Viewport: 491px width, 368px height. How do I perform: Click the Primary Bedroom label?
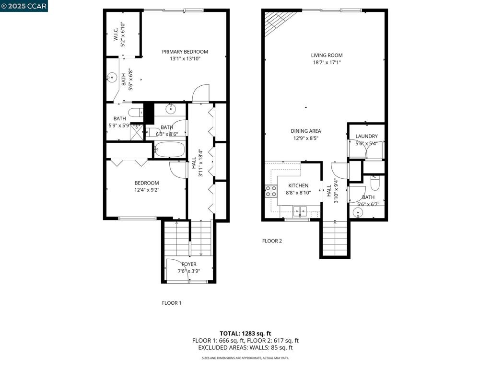(x=185, y=52)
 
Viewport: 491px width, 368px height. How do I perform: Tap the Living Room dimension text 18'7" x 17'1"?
(x=327, y=62)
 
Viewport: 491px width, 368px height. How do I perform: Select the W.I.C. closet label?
(x=116, y=34)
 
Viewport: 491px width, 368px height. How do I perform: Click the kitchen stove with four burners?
(x=271, y=191)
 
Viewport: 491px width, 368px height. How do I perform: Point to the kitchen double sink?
(x=300, y=212)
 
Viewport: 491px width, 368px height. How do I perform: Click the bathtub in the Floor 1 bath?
(x=169, y=149)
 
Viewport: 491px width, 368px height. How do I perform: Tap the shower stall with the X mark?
(x=137, y=132)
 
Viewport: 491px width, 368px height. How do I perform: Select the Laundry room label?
(x=366, y=136)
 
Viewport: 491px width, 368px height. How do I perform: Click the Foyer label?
(x=189, y=264)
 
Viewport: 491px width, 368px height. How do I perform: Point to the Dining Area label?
(x=305, y=131)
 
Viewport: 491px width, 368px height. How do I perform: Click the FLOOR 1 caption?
(x=171, y=303)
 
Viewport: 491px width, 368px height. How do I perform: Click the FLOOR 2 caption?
(x=272, y=241)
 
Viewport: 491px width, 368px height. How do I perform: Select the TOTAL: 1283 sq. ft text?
(x=245, y=333)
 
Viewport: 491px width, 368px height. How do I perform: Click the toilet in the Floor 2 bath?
(x=375, y=183)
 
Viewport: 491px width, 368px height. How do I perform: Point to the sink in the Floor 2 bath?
(x=358, y=213)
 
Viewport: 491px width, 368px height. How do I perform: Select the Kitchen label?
(x=298, y=185)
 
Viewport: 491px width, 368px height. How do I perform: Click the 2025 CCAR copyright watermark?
(x=24, y=6)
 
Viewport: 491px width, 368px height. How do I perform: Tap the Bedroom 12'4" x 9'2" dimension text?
(x=147, y=190)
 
